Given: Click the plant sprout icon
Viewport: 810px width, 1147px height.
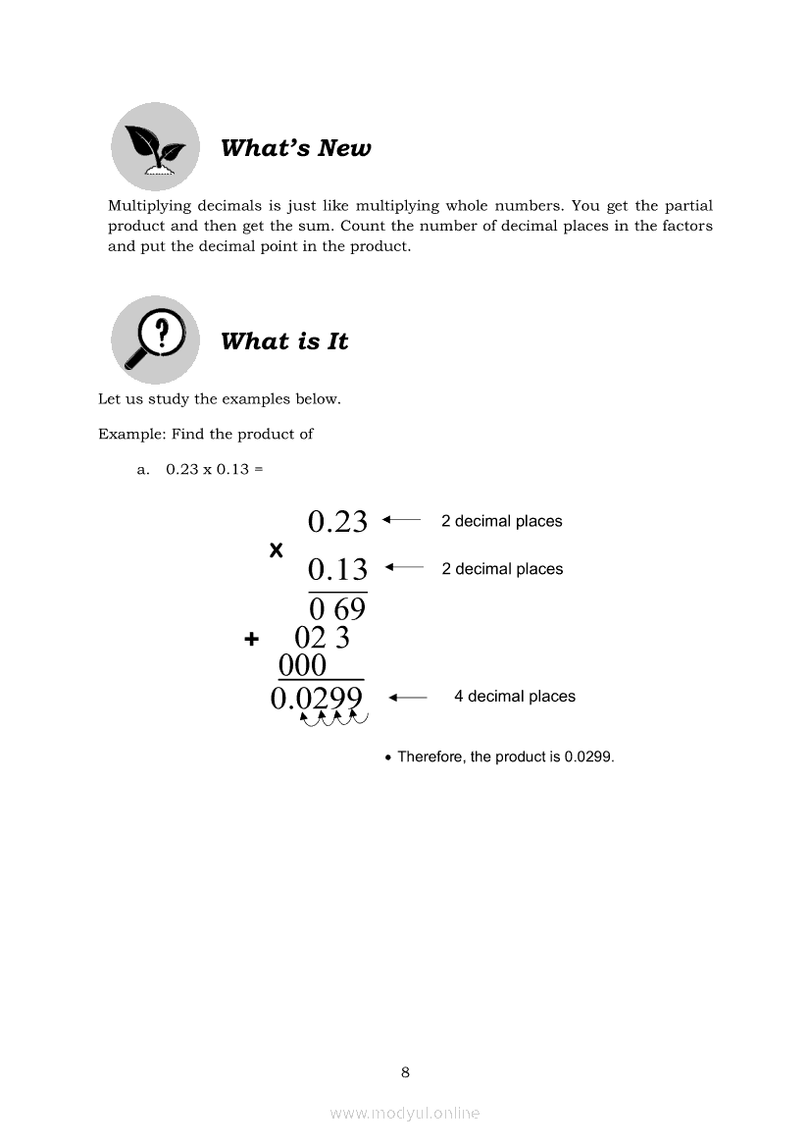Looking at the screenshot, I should pyautogui.click(x=154, y=147).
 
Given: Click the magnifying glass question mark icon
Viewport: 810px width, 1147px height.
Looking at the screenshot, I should pyautogui.click(x=154, y=339).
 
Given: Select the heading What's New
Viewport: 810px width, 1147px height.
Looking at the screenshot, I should pyautogui.click(x=295, y=148).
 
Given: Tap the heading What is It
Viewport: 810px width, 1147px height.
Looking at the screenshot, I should pyautogui.click(x=283, y=341).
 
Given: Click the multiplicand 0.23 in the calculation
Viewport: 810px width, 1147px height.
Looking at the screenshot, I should pyautogui.click(x=337, y=521).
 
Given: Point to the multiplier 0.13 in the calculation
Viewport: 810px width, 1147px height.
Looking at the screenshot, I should pyautogui.click(x=337, y=569).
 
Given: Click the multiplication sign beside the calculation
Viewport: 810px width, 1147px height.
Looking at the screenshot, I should pyautogui.click(x=276, y=550).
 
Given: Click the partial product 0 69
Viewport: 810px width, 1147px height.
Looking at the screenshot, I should pyautogui.click(x=336, y=610).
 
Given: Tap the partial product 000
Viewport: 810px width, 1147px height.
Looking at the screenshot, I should pyautogui.click(x=302, y=666).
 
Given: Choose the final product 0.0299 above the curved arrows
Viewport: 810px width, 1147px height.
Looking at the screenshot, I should pyautogui.click(x=316, y=698).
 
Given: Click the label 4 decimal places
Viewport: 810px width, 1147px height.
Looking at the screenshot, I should pyautogui.click(x=514, y=697).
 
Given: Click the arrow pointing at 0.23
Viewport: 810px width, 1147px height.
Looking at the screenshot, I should pyautogui.click(x=401, y=520).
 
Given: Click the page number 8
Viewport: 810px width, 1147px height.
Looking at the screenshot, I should pyautogui.click(x=405, y=1072).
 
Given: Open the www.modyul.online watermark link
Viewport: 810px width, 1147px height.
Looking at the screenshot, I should pyautogui.click(x=405, y=1113).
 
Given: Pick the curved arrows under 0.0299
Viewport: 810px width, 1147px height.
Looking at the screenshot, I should pyautogui.click(x=333, y=720).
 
